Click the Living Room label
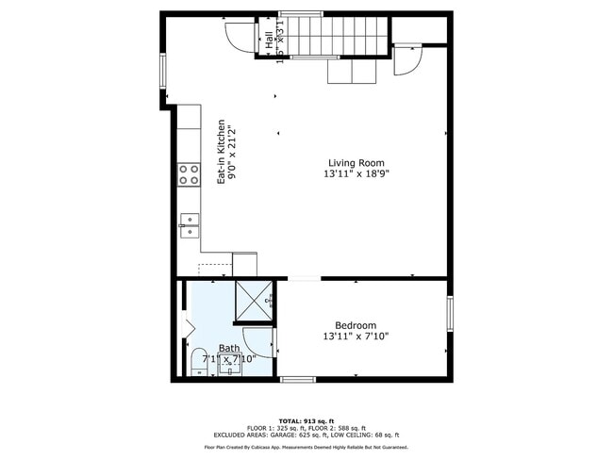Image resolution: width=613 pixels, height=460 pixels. coord(356,162)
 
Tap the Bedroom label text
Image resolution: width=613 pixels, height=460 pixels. coord(356,325)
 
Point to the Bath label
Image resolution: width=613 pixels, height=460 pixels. coord(229,348)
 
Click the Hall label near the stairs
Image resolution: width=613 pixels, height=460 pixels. coord(269,40)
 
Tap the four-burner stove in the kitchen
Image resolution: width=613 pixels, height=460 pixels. coord(189,173)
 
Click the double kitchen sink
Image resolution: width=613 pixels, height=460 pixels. coord(190,224)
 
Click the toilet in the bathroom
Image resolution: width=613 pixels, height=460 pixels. coord(198,363)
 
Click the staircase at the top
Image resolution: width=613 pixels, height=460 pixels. coord(336,35)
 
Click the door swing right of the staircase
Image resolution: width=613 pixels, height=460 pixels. coord(408,61)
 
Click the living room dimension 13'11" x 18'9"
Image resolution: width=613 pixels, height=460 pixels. coord(356,174)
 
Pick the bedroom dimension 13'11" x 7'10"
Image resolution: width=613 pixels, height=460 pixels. coord(356,337)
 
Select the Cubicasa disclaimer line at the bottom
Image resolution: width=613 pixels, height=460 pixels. coord(306,447)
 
